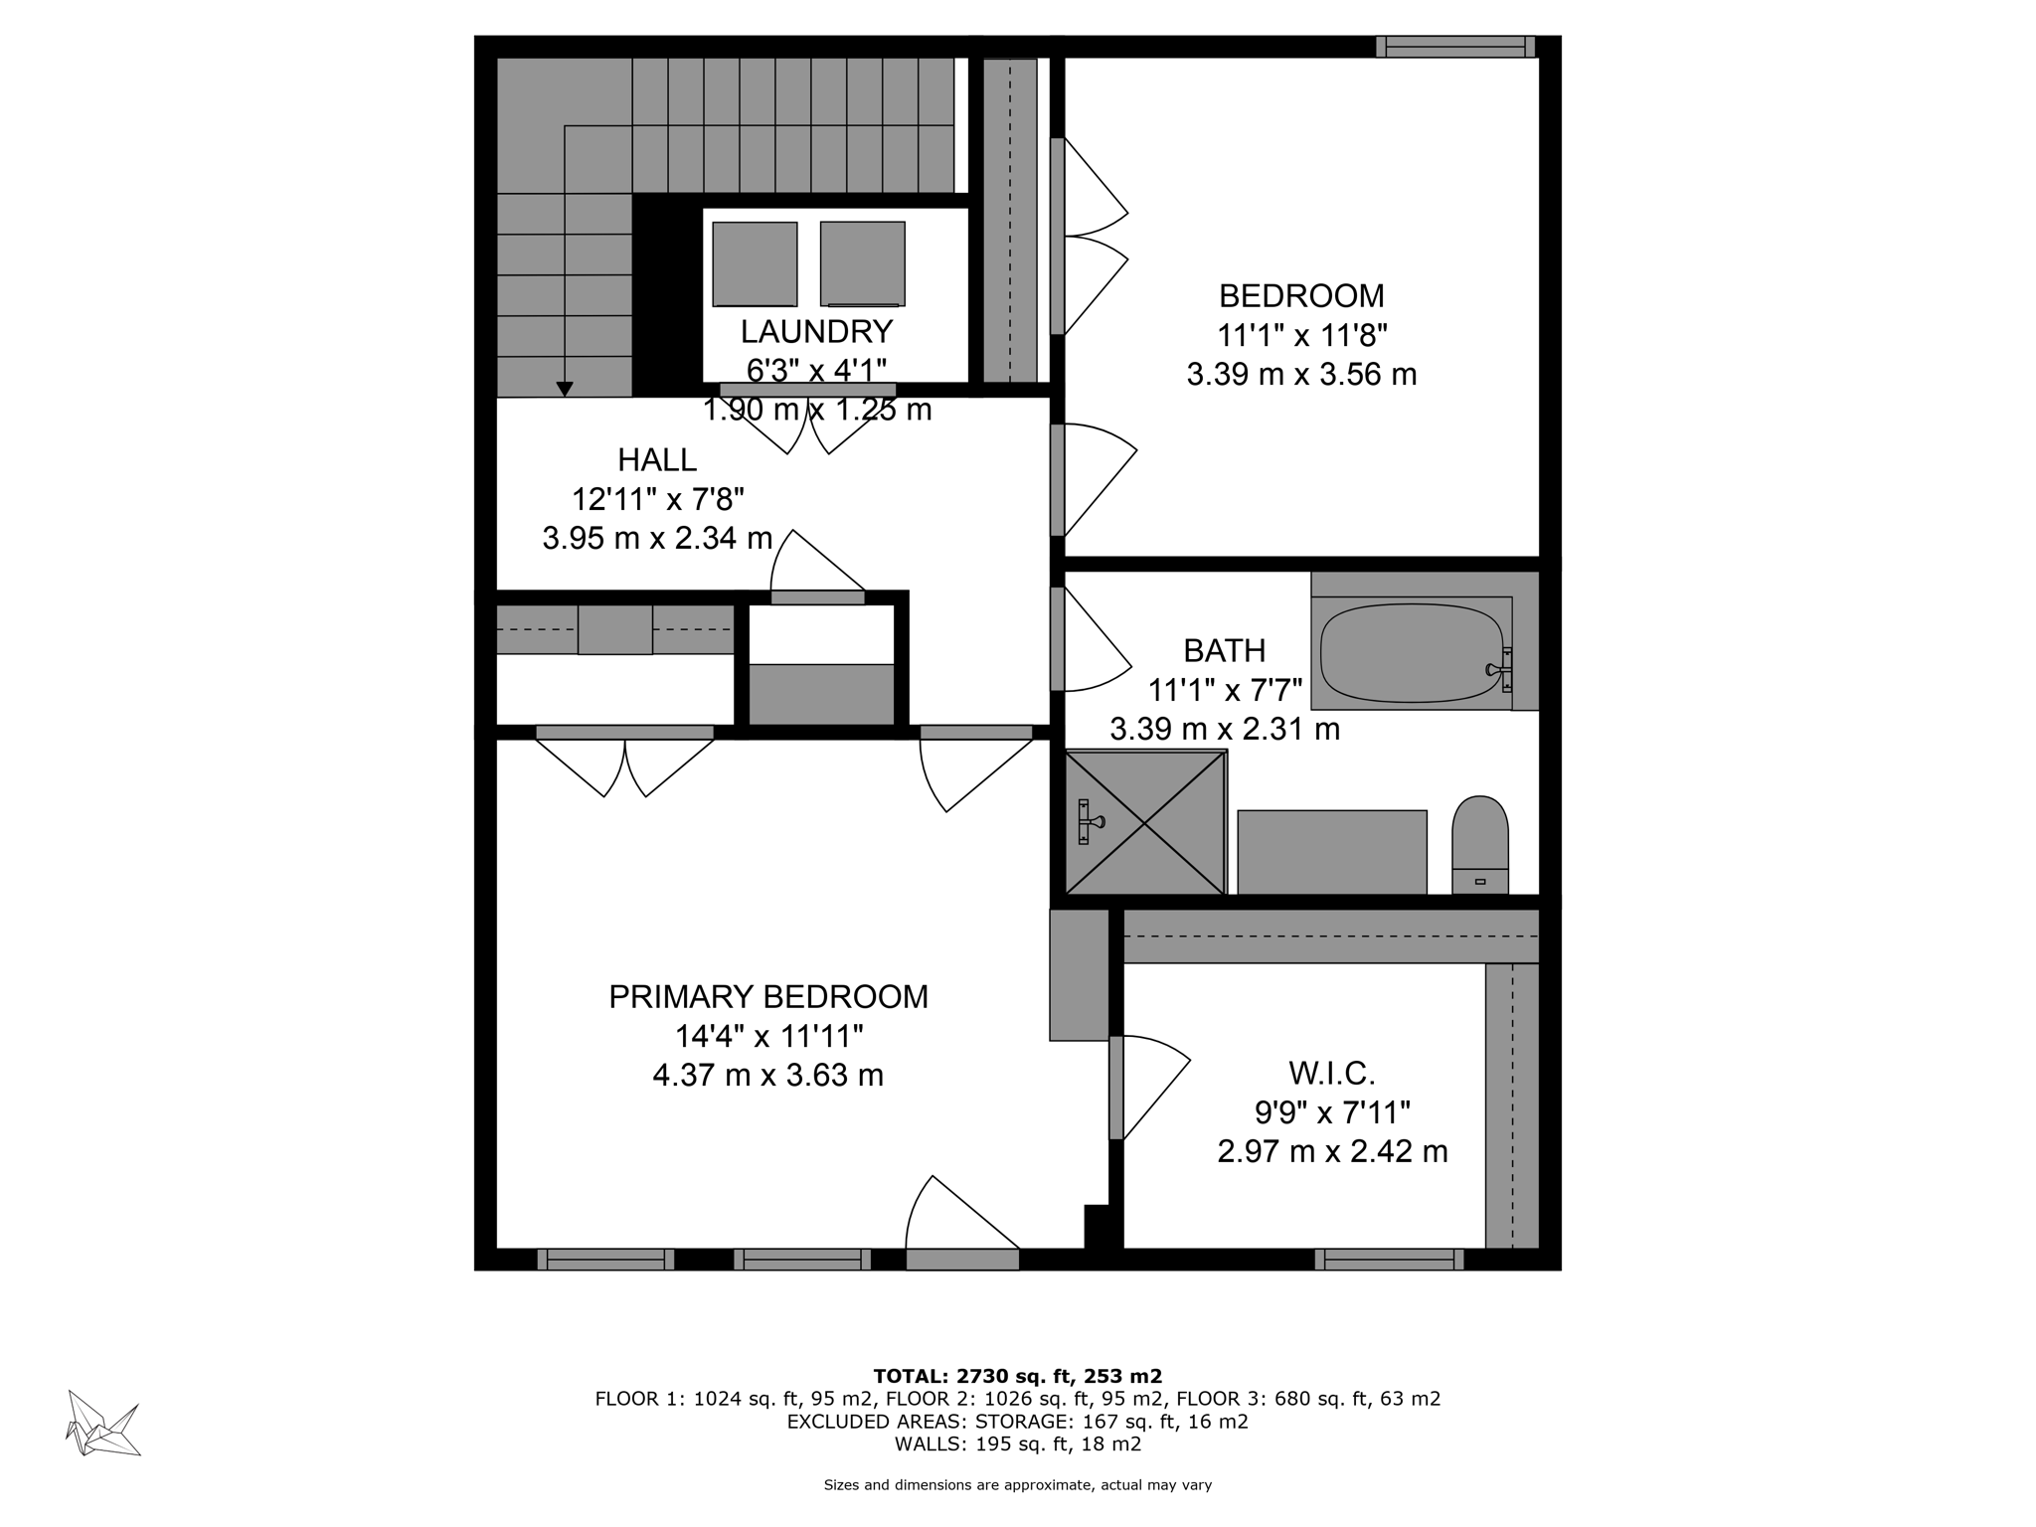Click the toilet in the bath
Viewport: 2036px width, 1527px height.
click(x=1480, y=845)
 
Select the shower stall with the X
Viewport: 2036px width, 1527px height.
click(x=1145, y=822)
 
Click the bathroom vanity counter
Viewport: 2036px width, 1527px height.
click(x=1332, y=852)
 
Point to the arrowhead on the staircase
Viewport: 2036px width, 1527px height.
click(x=565, y=390)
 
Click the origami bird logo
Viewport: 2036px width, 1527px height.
click(x=103, y=1424)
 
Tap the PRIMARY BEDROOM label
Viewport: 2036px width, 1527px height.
click(x=768, y=997)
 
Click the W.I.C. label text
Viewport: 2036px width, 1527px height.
click(x=1332, y=1074)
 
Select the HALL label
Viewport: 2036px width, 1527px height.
click(x=657, y=459)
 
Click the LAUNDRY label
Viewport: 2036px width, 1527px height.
click(x=816, y=331)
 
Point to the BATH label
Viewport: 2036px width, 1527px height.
click(x=1225, y=651)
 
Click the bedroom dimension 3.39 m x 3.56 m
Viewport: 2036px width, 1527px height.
click(x=1301, y=375)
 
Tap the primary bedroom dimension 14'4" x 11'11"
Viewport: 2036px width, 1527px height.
click(x=768, y=1037)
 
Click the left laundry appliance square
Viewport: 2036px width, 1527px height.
click(x=755, y=263)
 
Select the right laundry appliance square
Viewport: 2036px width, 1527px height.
click(x=862, y=263)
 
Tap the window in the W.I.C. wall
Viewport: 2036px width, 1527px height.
click(x=1389, y=1260)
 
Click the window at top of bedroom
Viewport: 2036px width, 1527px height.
click(x=1455, y=47)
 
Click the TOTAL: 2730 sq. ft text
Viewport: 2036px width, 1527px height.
click(x=1017, y=1377)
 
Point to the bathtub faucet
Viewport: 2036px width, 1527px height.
click(x=1499, y=669)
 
